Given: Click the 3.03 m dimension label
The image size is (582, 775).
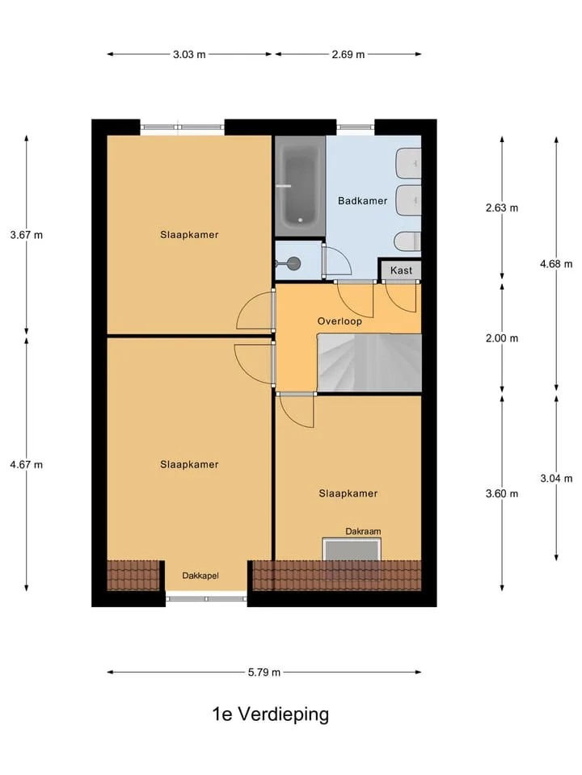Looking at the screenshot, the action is pos(189,54).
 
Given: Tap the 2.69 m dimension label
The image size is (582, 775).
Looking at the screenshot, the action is pos(348,54).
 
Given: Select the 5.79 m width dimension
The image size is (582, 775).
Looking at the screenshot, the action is pos(264,672).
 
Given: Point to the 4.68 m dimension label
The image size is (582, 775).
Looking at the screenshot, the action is pos(556,264).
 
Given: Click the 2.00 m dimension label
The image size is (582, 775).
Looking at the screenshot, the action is pos(502,338).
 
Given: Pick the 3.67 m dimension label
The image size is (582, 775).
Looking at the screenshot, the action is pos(27,235).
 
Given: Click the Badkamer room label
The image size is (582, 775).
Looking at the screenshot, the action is pos(363,201).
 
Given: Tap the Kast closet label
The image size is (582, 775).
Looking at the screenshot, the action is pos(401,270).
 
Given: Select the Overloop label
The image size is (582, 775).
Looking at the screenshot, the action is pos(339,321).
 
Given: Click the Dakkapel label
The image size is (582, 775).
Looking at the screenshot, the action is pos(200,576).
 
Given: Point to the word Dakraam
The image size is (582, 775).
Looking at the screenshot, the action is pos(363,532).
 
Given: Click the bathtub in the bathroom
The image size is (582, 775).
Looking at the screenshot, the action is pos(300,186).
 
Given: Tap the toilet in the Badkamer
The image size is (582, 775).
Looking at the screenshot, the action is pos(407,241).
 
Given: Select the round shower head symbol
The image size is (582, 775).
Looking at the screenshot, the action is pos(294,263).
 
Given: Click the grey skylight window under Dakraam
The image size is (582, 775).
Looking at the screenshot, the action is pos(352,549).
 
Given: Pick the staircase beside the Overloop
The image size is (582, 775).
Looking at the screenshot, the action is pos(369,362).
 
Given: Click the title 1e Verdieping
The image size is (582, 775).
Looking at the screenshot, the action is pos(271,714).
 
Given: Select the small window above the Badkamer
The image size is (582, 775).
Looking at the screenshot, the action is pos(356,127).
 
